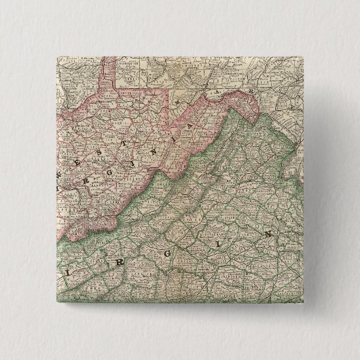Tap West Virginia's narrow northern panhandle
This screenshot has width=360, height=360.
pos(107,75)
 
